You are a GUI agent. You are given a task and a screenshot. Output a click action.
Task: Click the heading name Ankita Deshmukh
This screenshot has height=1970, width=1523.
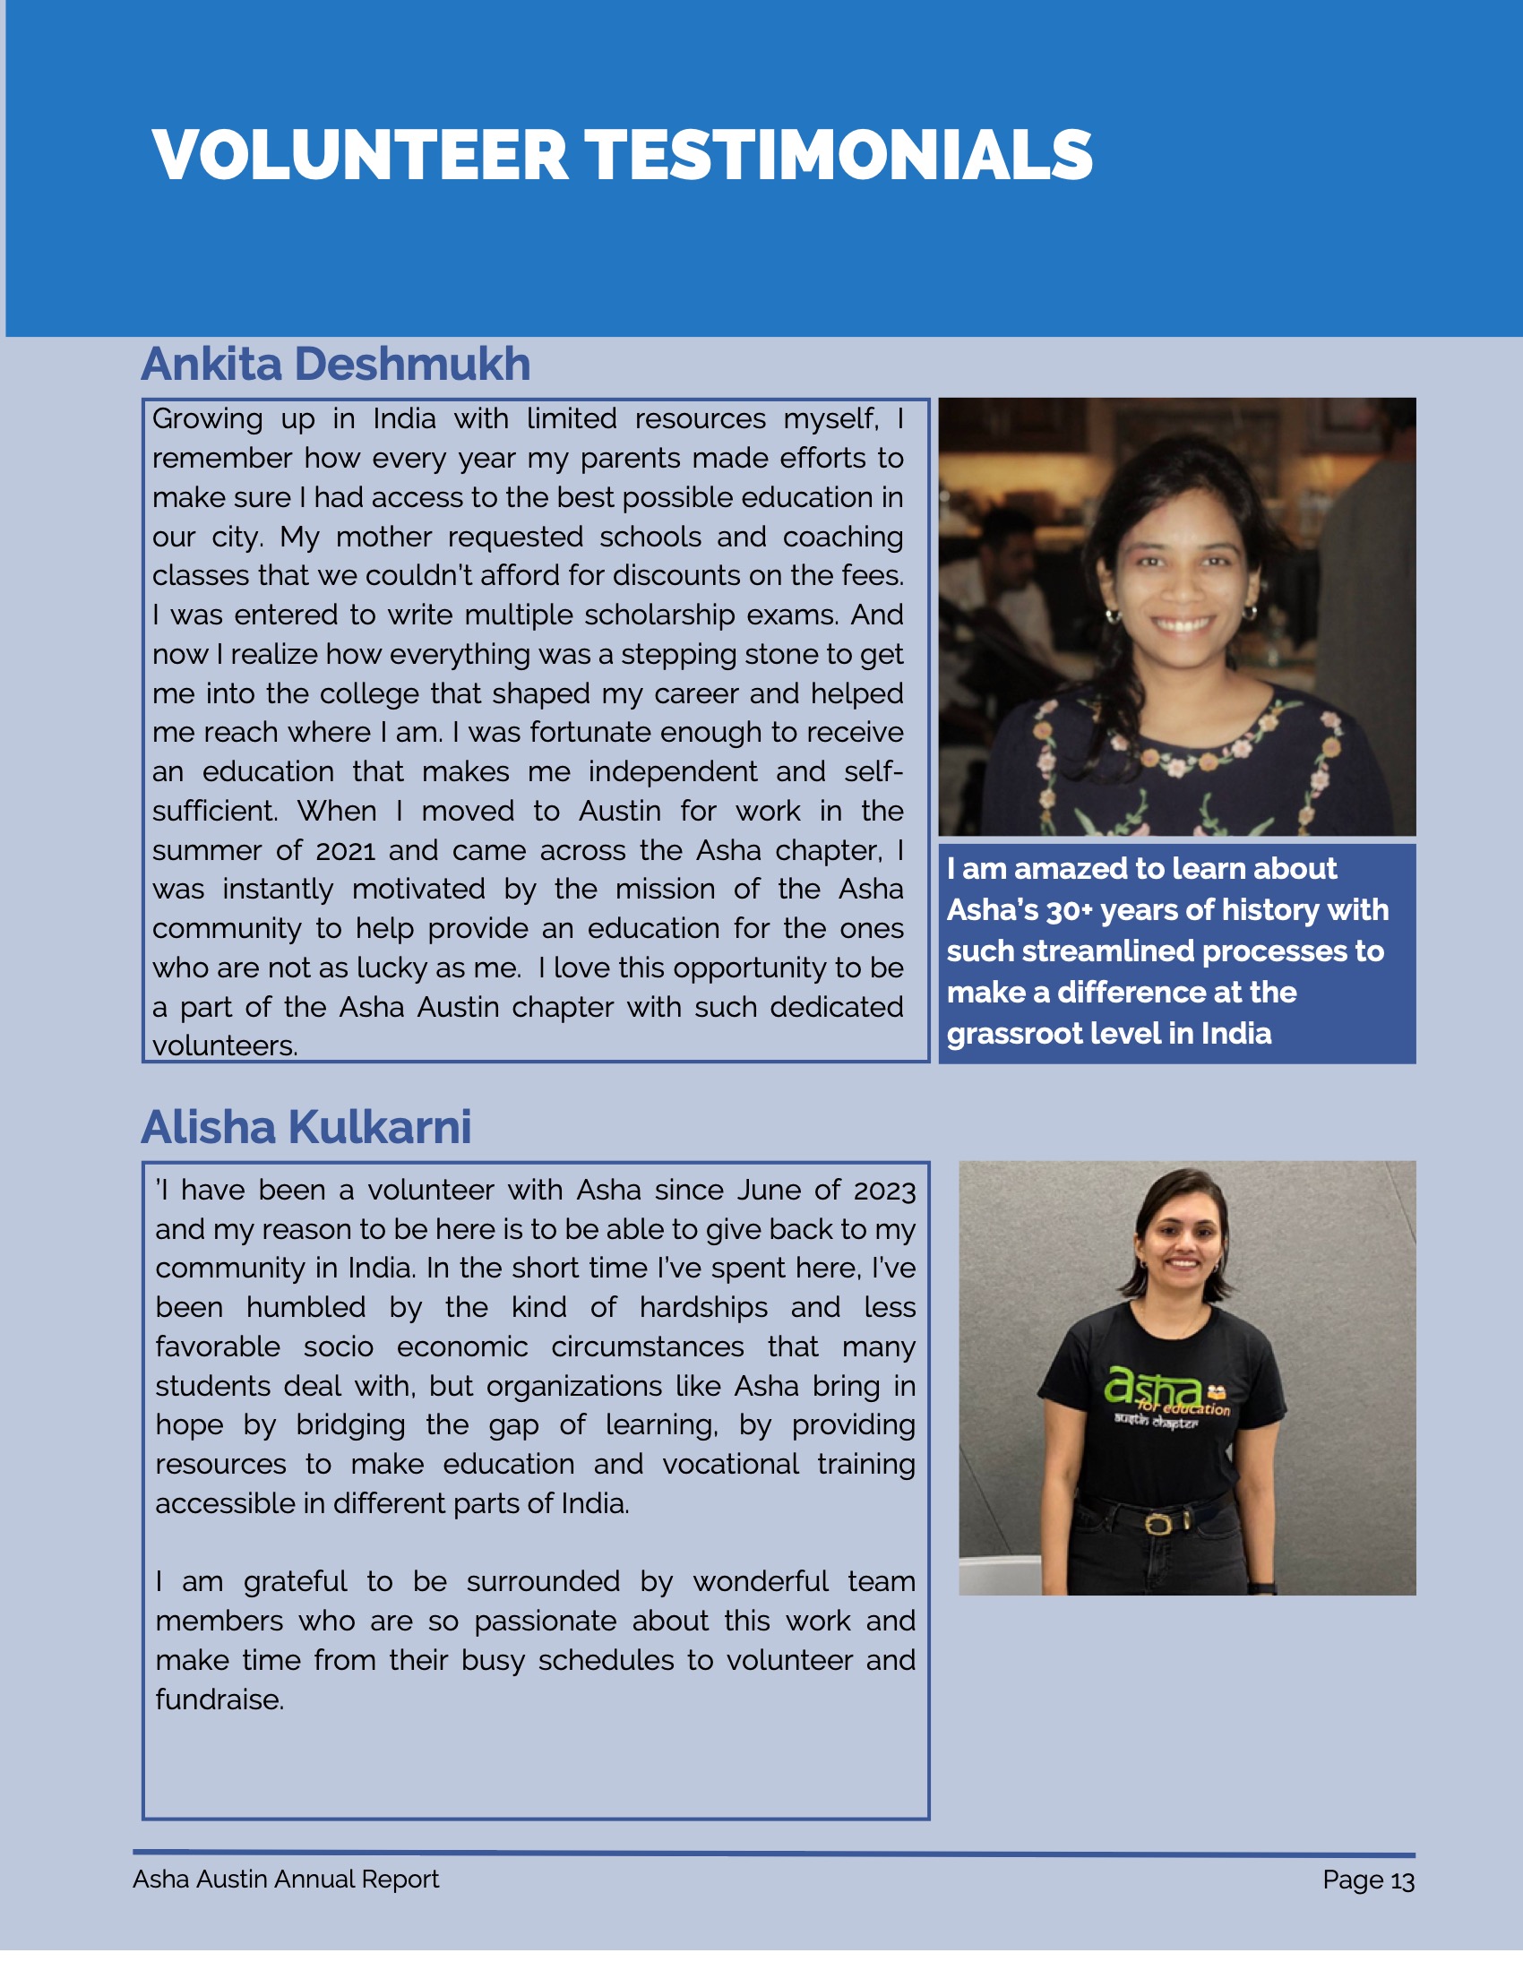tap(336, 365)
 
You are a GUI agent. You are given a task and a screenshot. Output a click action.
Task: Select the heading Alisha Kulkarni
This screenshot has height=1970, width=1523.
tap(305, 1128)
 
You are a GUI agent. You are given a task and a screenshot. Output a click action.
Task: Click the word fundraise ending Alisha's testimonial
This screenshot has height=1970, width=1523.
tap(219, 1699)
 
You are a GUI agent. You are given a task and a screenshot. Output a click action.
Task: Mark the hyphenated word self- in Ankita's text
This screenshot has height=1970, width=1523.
tap(873, 772)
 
